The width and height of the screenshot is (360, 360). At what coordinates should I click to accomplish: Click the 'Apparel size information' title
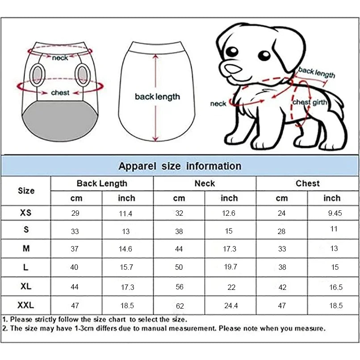point(180,166)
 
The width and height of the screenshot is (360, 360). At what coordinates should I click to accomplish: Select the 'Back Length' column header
point(102,183)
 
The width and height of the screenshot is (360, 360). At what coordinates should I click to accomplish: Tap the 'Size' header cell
point(26,191)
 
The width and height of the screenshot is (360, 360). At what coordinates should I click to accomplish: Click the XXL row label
point(26,306)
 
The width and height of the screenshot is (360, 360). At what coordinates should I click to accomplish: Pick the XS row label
point(26,213)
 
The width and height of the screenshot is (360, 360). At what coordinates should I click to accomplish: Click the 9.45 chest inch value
point(335,213)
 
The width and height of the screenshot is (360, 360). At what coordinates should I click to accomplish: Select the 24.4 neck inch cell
point(230,306)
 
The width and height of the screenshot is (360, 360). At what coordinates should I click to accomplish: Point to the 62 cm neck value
point(179,306)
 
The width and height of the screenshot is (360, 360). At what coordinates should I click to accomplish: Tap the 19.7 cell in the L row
point(230,267)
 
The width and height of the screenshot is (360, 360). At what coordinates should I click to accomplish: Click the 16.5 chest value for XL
point(336,287)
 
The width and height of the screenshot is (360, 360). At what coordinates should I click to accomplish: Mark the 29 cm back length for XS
point(75,213)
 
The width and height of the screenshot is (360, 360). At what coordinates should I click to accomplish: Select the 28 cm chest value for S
point(281,231)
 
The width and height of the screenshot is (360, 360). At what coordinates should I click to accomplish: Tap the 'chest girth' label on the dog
point(310,103)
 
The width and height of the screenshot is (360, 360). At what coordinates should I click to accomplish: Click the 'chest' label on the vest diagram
point(60,92)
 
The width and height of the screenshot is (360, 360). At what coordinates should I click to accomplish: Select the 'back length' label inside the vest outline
point(157,96)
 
